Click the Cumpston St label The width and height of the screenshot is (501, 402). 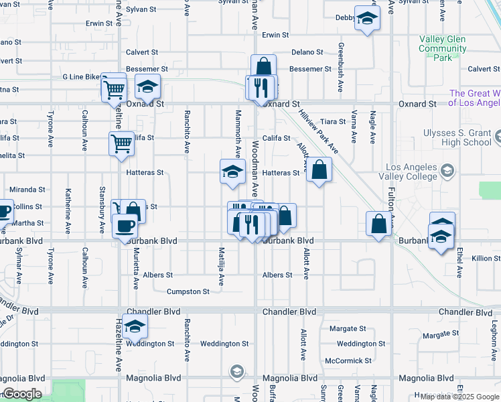188,291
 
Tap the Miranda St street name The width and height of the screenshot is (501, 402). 27,190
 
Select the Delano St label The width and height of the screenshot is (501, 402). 307,52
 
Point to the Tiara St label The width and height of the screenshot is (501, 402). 332,121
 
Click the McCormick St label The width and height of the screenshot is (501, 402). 348,360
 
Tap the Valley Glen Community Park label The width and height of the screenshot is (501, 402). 442,48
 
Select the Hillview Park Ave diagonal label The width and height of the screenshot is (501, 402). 319,133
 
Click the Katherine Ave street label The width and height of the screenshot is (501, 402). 68,210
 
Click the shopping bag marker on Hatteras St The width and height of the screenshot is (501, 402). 319,170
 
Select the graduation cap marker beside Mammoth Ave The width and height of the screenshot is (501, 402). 232,172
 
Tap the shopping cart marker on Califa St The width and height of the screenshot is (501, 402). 121,143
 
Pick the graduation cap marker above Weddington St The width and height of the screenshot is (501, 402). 135,326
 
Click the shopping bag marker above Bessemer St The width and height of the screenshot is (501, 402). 263,67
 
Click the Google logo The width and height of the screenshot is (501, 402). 22,394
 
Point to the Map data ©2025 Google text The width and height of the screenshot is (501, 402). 459,397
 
